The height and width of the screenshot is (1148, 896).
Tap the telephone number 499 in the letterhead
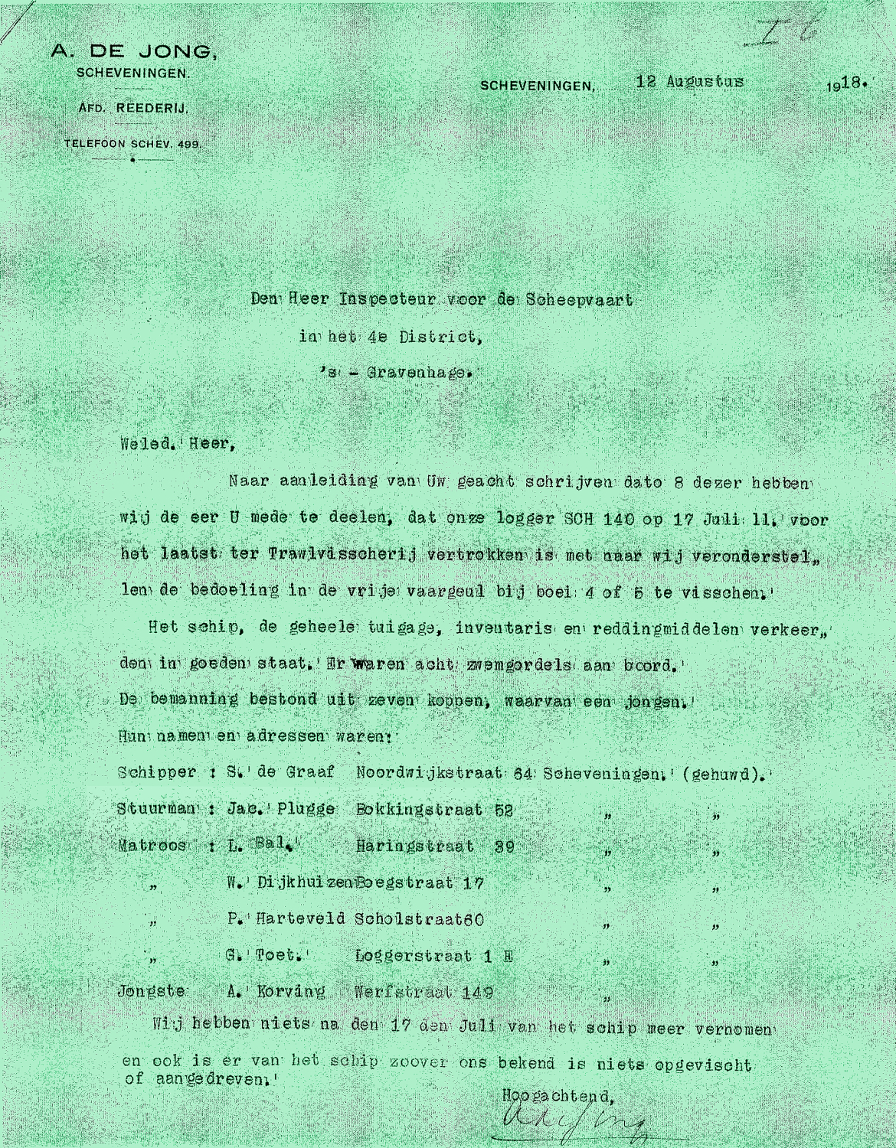point(188,143)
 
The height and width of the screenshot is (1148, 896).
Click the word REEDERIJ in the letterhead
point(152,109)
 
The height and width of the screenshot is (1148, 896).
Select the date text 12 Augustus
point(689,81)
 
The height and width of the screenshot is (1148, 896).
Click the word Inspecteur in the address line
point(380,300)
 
